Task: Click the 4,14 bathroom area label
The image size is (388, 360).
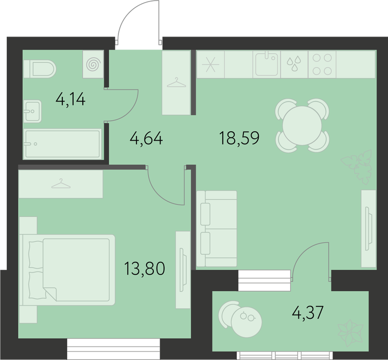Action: (70, 99)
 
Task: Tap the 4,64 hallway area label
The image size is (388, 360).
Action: (146, 138)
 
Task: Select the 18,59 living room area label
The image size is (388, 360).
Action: (239, 138)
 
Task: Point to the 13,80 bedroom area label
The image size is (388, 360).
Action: (145, 268)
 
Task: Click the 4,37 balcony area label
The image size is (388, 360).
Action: (308, 313)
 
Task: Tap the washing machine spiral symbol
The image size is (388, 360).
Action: (94, 64)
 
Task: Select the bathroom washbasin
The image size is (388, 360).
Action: (32, 111)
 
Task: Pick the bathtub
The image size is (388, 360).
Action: (62, 143)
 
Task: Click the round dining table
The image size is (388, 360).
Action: (302, 125)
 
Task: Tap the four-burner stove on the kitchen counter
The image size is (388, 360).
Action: (322, 64)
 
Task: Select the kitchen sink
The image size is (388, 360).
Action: (267, 64)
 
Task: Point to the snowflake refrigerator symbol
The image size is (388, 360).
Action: (210, 64)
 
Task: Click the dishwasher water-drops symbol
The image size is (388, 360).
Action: (294, 63)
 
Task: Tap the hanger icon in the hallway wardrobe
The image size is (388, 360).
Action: (177, 82)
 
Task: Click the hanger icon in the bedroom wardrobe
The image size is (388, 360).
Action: (61, 184)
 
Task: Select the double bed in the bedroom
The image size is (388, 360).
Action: (67, 270)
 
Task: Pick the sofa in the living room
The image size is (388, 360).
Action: (217, 228)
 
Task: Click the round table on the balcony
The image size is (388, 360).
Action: (246, 322)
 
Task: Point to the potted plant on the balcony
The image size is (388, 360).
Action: (350, 333)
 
